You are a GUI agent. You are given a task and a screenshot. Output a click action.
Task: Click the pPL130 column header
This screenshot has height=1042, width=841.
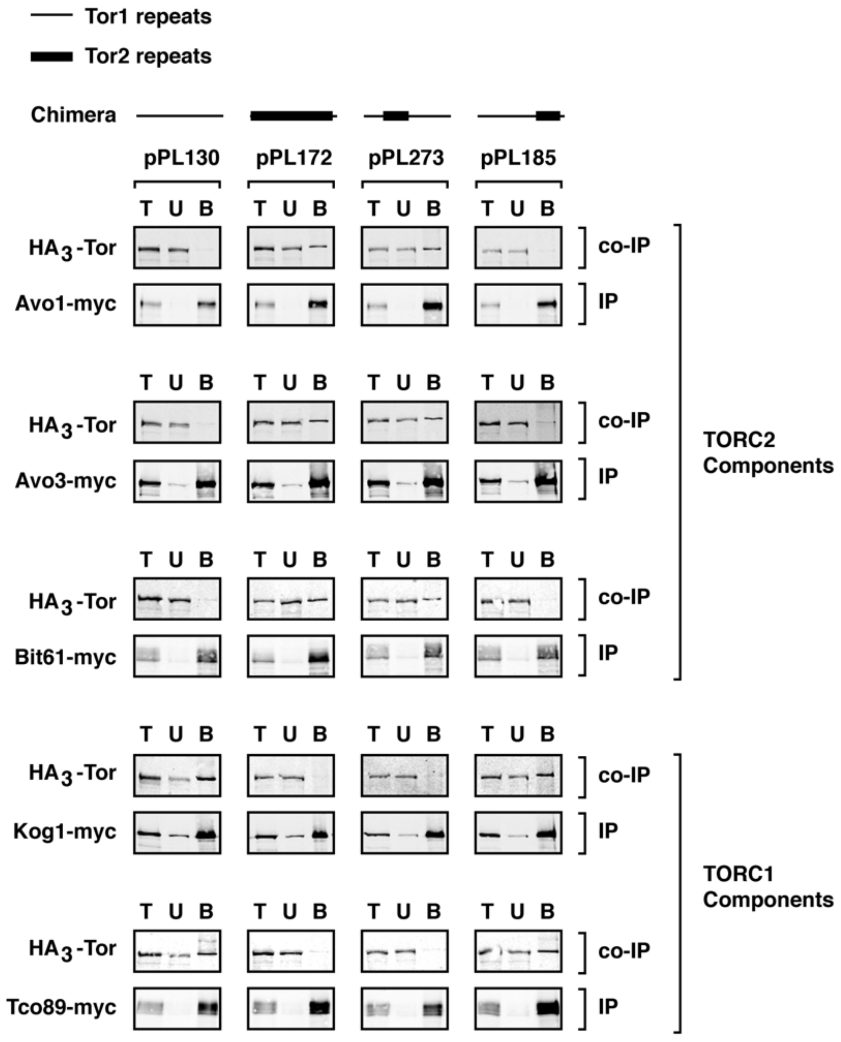point(182,158)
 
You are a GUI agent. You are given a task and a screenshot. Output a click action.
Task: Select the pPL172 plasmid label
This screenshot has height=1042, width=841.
point(294,158)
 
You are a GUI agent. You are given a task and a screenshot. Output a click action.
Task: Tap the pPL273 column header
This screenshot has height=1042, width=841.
point(406,158)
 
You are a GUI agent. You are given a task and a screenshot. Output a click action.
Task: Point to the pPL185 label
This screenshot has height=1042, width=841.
point(518,158)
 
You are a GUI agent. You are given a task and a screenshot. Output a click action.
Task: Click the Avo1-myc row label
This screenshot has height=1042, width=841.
point(66,304)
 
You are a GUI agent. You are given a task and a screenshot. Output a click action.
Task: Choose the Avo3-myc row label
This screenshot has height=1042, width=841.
point(66,481)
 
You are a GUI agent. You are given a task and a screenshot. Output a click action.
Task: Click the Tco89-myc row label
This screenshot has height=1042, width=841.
point(62,1008)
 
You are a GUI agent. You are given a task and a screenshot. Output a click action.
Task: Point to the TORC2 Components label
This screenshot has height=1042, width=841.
point(768,452)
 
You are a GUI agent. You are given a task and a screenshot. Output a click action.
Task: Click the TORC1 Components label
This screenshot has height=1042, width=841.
point(768,887)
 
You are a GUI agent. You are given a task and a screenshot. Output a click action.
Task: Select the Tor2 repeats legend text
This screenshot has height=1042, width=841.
point(148,56)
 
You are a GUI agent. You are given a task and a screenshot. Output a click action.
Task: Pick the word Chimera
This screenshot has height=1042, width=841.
point(74,115)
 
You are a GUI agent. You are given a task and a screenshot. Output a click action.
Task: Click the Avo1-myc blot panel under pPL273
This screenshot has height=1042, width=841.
point(405,305)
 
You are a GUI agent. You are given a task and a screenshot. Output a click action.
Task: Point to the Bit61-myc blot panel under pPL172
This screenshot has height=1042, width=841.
point(291,657)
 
